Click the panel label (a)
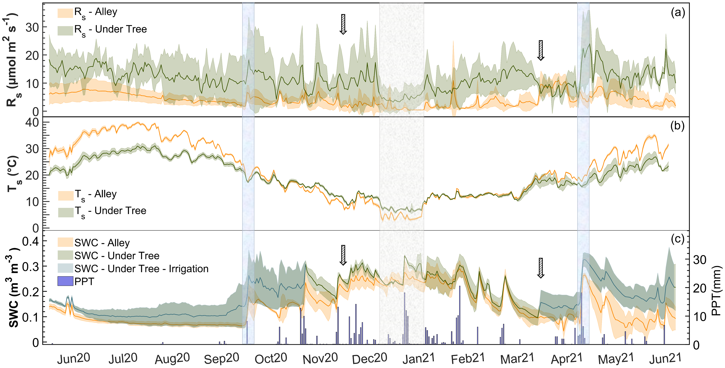tap(678, 13)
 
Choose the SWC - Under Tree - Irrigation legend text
tap(141, 269)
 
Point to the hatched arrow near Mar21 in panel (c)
tap(540, 268)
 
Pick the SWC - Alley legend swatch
tap(65, 242)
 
